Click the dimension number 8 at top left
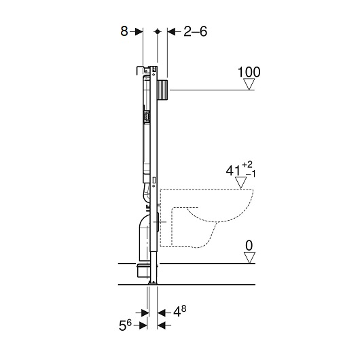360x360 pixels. point(124,31)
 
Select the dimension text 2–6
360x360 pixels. point(196,31)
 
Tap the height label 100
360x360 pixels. point(249,72)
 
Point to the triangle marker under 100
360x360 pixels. point(249,84)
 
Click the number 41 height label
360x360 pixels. point(233,170)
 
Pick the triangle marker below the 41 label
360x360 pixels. point(240,183)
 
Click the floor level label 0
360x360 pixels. point(249,246)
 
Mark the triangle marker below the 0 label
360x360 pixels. point(249,258)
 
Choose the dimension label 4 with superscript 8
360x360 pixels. point(180,311)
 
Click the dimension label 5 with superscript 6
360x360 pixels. point(125,325)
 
